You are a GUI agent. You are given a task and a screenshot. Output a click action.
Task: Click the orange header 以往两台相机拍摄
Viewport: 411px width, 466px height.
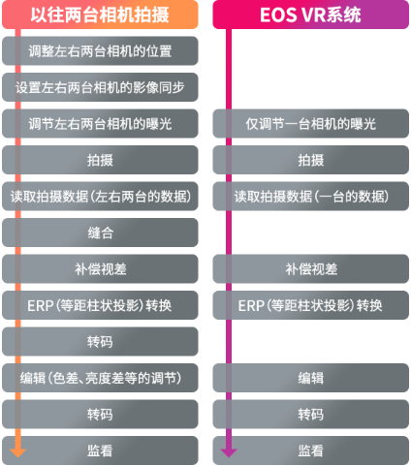pos(100,15)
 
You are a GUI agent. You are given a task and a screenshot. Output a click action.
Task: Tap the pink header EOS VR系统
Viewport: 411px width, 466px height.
pos(310,15)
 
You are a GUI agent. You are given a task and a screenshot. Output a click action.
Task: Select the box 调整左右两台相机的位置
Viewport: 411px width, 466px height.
pos(100,50)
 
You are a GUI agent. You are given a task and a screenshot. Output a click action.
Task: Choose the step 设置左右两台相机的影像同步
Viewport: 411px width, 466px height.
pos(100,87)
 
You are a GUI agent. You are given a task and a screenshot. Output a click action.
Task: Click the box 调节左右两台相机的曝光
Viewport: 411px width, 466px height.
pos(100,123)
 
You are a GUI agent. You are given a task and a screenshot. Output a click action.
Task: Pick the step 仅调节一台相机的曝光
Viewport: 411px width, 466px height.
pos(310,123)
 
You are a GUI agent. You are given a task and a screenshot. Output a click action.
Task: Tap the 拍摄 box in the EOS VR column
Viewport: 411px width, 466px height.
pos(310,160)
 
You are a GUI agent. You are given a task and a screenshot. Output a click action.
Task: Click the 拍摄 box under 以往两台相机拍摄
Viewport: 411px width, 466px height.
pos(100,160)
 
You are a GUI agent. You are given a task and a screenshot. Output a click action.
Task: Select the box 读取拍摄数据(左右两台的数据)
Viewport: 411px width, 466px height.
pos(100,196)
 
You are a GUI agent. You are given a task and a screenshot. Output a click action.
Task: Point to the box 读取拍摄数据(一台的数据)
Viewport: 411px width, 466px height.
pos(310,196)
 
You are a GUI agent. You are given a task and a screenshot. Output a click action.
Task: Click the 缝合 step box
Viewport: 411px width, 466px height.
pos(100,233)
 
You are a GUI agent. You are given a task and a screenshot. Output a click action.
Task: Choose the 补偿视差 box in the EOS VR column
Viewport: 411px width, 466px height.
pos(310,268)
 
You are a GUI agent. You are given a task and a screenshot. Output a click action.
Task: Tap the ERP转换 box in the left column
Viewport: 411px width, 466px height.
pos(100,305)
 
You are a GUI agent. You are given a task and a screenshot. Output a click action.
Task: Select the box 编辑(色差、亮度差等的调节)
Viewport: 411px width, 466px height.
pos(100,378)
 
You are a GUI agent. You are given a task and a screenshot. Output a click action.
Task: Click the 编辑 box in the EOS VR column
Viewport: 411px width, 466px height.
pos(310,378)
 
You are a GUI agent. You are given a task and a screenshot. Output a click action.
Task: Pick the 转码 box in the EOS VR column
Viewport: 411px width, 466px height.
pos(310,414)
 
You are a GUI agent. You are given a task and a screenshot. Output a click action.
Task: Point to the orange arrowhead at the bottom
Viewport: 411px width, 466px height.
pos(17,452)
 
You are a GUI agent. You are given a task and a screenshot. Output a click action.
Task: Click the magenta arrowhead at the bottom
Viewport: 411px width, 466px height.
pos(229,452)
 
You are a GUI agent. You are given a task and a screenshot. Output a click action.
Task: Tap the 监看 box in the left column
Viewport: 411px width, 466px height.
pos(100,450)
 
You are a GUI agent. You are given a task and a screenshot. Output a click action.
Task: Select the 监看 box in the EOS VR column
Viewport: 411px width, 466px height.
pos(310,450)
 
